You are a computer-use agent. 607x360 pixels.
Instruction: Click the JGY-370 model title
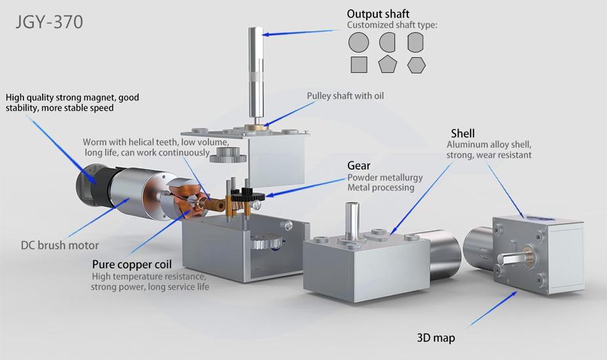pyautogui.click(x=49, y=22)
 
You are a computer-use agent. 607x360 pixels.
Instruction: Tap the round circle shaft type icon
pyautogui.click(x=358, y=43)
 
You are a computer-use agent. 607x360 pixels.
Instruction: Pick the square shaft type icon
pyautogui.click(x=358, y=64)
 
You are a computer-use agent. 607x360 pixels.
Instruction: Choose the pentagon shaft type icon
pyautogui.click(x=387, y=64)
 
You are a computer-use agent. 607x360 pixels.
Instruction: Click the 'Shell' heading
pyautogui.click(x=463, y=134)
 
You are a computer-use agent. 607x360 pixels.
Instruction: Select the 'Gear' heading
pyautogui.click(x=359, y=166)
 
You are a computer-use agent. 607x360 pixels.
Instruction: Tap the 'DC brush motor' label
pyautogui.click(x=60, y=245)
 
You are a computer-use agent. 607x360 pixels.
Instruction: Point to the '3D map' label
pyautogui.click(x=436, y=338)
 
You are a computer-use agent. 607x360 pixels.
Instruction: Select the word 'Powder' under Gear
pyautogui.click(x=363, y=177)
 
